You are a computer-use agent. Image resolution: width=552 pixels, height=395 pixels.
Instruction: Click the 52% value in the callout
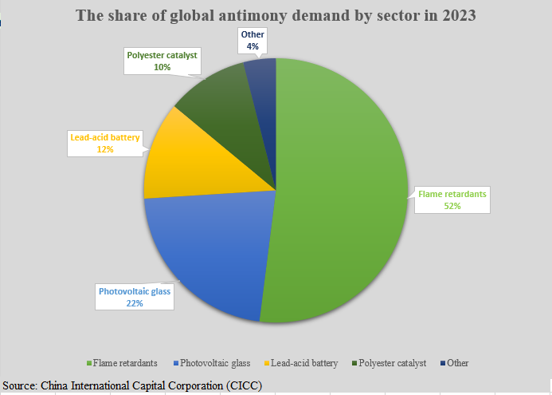[452, 205]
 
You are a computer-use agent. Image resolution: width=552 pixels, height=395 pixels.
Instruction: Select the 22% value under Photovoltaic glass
[134, 303]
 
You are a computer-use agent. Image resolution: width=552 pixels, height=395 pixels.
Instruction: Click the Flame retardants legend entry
[127, 363]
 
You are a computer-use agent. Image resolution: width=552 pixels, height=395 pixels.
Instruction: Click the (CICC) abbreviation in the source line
[241, 386]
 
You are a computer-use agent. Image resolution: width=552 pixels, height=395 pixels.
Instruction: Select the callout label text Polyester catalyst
[162, 56]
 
